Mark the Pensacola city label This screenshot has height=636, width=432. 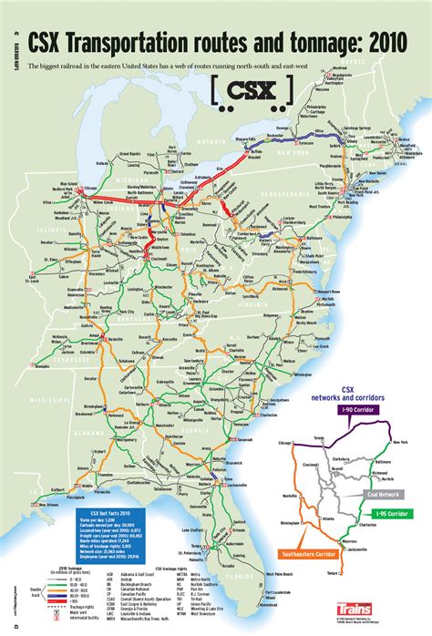[102, 486]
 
